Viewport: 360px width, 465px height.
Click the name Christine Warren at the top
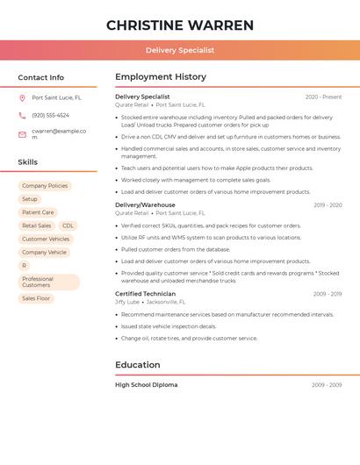[x=180, y=25]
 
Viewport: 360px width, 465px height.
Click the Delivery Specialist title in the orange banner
[x=180, y=50]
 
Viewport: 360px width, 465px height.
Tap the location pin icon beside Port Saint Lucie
[x=22, y=97]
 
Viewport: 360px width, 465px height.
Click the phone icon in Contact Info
[x=22, y=115]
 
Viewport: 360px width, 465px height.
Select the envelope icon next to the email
[x=22, y=133]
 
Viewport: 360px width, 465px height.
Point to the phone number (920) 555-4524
[x=50, y=115]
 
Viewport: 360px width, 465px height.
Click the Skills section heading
[x=28, y=162]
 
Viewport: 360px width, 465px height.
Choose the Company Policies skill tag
[x=45, y=186]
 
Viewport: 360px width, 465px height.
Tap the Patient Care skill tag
[x=38, y=212]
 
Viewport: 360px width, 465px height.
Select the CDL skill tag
[x=68, y=225]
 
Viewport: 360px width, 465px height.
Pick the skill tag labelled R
[x=24, y=265]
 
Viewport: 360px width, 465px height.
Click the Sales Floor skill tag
[x=37, y=298]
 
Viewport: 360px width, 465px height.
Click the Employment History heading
[x=161, y=77]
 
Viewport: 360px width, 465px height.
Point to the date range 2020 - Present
[x=323, y=97]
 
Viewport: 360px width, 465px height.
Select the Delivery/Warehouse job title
[x=145, y=204]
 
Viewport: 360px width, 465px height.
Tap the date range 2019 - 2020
[x=328, y=204]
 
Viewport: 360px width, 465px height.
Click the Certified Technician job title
[x=145, y=293]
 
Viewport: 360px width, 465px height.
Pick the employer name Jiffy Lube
[x=127, y=301]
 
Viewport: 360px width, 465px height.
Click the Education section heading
[x=138, y=365]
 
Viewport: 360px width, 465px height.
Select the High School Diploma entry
[x=146, y=384]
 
